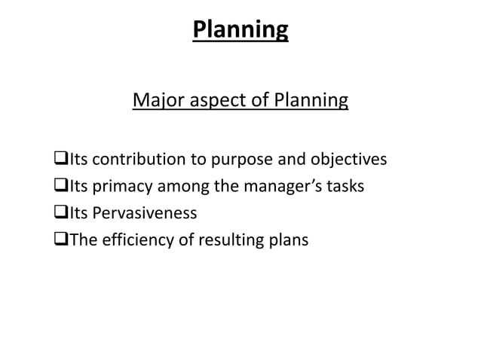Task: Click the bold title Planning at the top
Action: tap(240, 29)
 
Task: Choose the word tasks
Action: tap(345, 186)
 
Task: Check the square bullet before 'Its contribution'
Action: tap(54, 160)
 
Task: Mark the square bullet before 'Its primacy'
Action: tap(54, 186)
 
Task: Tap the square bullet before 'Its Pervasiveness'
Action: tap(54, 213)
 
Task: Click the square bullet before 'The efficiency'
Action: tap(54, 240)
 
